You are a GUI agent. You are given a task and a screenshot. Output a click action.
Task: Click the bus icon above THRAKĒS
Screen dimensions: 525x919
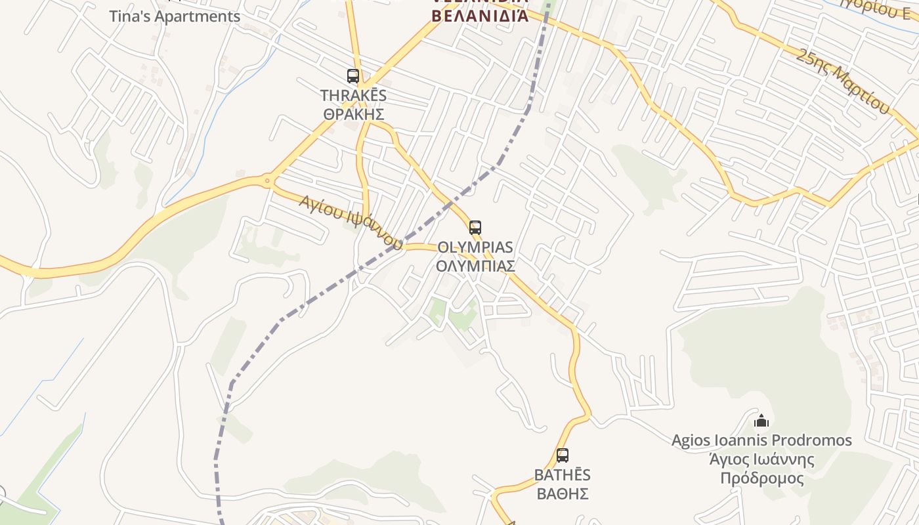point(353,76)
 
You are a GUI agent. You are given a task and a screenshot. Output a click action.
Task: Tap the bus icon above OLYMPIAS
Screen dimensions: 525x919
point(475,228)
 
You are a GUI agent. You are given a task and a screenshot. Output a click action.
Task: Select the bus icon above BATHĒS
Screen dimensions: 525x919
point(563,455)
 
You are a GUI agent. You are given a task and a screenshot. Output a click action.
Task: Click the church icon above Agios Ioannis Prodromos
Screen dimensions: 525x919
point(761,420)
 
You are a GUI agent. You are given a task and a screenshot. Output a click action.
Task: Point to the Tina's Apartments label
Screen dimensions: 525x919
point(175,16)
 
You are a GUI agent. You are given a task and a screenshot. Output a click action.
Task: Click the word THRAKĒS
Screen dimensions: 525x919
point(353,95)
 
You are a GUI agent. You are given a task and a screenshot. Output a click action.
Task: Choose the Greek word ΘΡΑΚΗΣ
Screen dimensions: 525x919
point(353,114)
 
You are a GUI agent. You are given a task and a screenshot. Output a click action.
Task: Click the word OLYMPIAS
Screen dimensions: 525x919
point(475,247)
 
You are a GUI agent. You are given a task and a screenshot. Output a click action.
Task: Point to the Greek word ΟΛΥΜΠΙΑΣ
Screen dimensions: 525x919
point(475,266)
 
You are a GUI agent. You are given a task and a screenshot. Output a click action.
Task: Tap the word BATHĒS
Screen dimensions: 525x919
point(563,474)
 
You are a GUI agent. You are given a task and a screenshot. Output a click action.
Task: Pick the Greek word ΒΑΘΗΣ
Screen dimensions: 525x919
point(563,493)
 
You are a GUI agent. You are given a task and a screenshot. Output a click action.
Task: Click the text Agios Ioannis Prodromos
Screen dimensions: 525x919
point(761,440)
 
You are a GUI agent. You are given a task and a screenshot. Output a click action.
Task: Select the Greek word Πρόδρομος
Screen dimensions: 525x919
point(761,478)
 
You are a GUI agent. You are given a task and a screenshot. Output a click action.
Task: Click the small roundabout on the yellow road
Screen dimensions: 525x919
point(267,179)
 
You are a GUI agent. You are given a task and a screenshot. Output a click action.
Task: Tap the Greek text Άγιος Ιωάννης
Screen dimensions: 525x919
point(761,459)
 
